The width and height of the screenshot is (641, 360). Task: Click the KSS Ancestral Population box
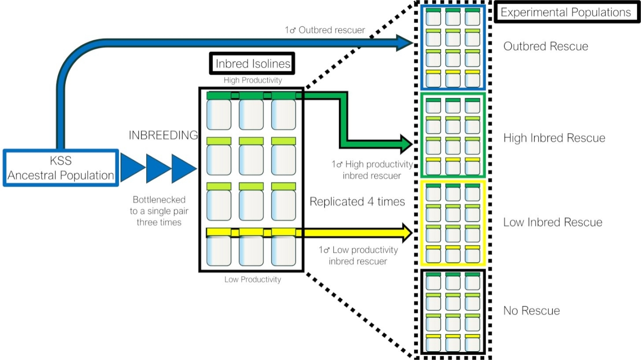[x=61, y=168]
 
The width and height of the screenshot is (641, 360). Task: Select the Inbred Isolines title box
[x=253, y=64]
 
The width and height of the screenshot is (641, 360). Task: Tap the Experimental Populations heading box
[x=565, y=12]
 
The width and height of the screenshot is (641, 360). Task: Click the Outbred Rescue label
[x=546, y=46]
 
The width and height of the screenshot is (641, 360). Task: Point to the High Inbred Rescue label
[x=554, y=138]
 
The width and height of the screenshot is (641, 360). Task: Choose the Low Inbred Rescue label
[x=553, y=222]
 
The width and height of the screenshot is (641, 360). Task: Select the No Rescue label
[x=531, y=310]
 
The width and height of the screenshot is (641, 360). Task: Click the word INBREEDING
[x=163, y=135]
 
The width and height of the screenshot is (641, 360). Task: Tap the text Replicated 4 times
[x=357, y=202]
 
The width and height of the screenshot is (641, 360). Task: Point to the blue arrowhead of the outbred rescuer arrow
[x=404, y=43]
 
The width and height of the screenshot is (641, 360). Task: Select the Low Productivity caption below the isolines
[x=252, y=279]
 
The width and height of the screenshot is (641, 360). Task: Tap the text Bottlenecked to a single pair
[x=158, y=211]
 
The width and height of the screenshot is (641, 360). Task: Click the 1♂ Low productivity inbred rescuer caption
[x=358, y=255]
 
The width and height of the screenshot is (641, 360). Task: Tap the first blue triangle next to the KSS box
[x=131, y=168]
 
